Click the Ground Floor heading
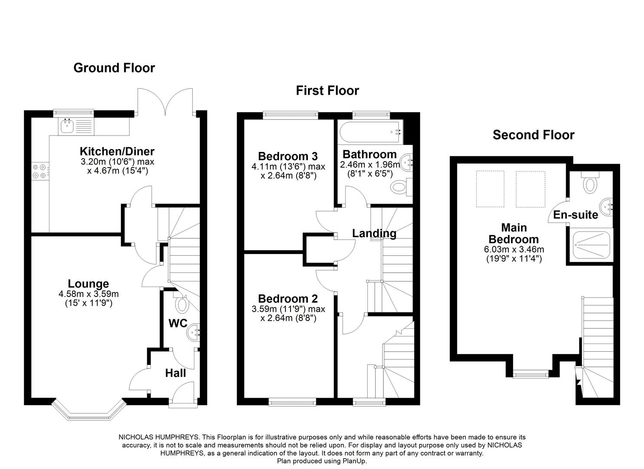pyautogui.click(x=114, y=68)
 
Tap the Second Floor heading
pyautogui.click(x=533, y=135)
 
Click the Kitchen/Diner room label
pyautogui.click(x=117, y=152)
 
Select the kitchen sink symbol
pyautogui.click(x=67, y=126)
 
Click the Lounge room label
pyautogui.click(x=88, y=284)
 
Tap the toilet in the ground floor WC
pyautogui.click(x=182, y=304)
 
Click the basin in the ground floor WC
pyautogui.click(x=193, y=332)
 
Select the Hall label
pyautogui.click(x=176, y=373)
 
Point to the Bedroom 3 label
pyautogui.click(x=288, y=156)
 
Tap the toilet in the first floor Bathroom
pyautogui.click(x=399, y=188)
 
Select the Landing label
pyautogui.click(x=374, y=234)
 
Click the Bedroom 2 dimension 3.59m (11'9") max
pyautogui.click(x=288, y=309)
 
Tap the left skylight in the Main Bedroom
pyautogui.click(x=490, y=189)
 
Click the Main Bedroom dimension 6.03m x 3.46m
pyautogui.click(x=513, y=250)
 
